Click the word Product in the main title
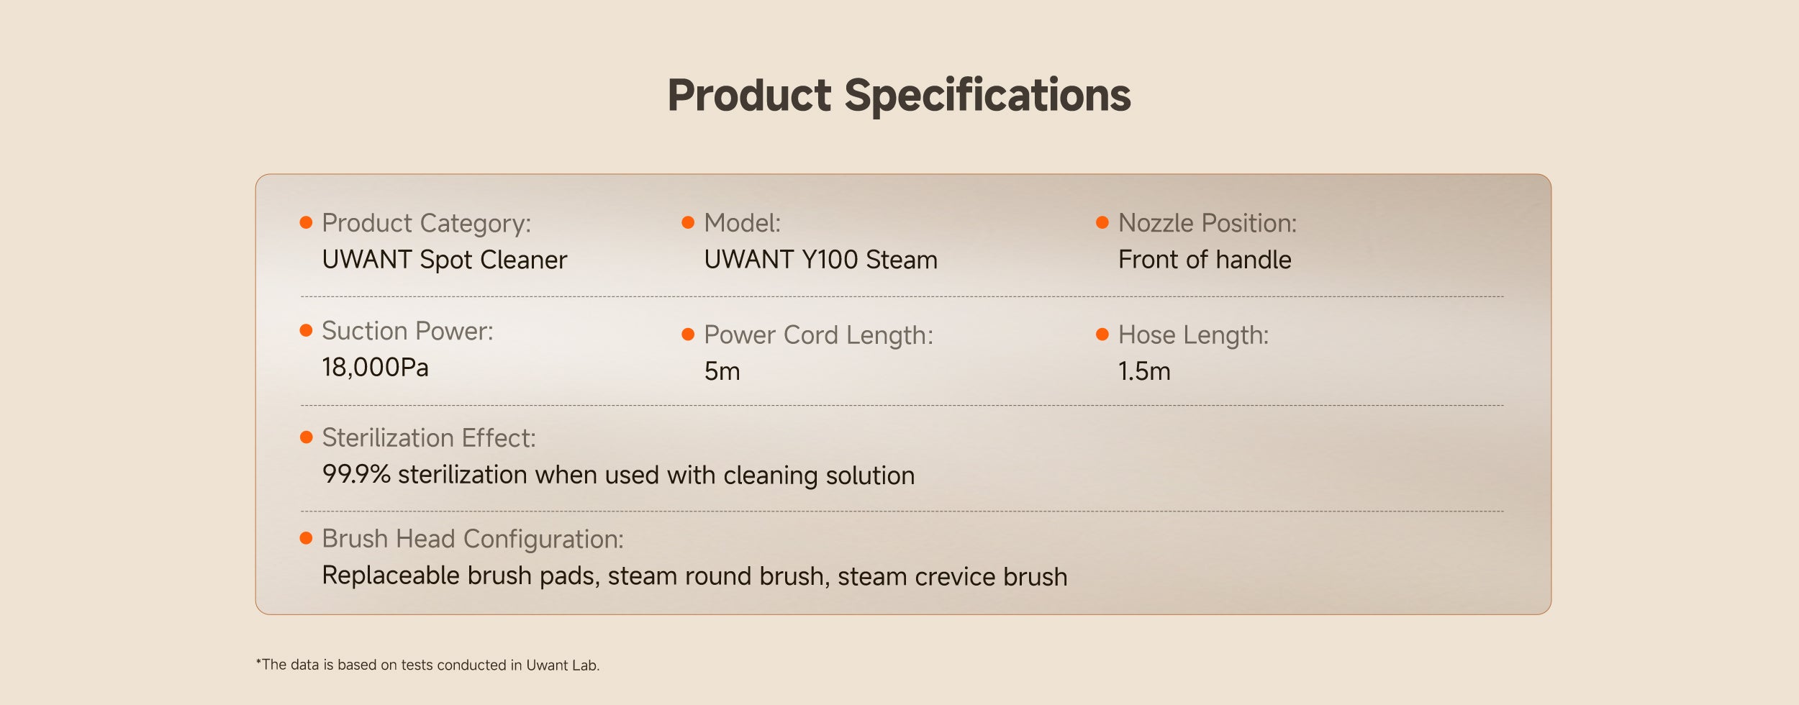tap(750, 95)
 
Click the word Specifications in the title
tap(987, 96)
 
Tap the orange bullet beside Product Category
tap(306, 222)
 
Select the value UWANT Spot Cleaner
tap(445, 260)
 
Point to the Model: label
tap(742, 223)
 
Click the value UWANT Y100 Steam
tap(820, 260)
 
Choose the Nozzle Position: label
tap(1207, 223)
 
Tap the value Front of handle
tap(1205, 260)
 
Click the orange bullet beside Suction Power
tap(306, 330)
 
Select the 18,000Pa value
tap(375, 368)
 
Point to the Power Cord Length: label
tap(818, 335)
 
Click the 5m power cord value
tap(722, 371)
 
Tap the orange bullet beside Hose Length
tap(1102, 335)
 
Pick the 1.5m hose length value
tap(1144, 371)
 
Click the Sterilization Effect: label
tap(428, 438)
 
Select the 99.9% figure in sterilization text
tap(356, 475)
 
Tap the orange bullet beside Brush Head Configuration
tap(306, 538)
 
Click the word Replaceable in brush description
tap(391, 576)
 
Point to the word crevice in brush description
tap(956, 577)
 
